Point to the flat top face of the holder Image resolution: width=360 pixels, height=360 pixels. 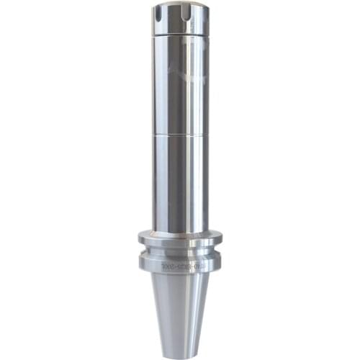point(180,6)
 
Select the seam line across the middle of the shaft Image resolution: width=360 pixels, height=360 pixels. point(180,135)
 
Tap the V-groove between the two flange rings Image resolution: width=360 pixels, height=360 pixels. point(180,252)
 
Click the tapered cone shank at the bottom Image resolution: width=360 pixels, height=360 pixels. point(180,310)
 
